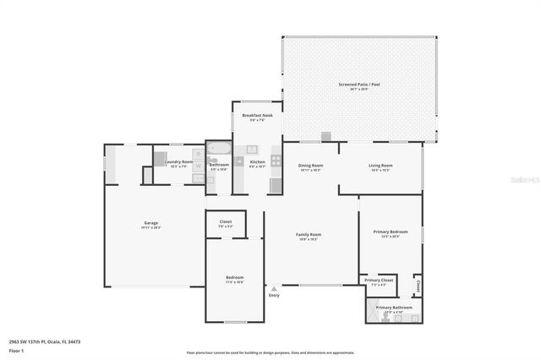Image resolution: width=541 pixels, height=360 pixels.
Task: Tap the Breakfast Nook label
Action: click(x=257, y=115)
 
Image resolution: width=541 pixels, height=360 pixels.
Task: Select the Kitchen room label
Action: click(x=257, y=161)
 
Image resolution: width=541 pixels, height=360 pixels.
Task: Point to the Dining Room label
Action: click(x=310, y=166)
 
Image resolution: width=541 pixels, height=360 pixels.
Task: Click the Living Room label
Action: click(x=380, y=166)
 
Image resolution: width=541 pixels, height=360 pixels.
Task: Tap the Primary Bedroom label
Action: click(x=391, y=232)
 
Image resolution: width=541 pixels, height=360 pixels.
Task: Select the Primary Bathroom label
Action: click(x=394, y=308)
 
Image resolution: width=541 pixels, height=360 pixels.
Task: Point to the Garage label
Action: click(x=151, y=223)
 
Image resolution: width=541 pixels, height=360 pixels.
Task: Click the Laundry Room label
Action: click(x=178, y=161)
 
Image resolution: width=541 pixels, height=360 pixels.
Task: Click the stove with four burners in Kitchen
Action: click(x=276, y=160)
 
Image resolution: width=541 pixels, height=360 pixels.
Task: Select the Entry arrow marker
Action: click(x=273, y=288)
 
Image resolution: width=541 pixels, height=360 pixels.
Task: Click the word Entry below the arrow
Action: click(x=274, y=296)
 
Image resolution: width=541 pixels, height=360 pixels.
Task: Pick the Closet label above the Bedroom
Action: click(x=226, y=221)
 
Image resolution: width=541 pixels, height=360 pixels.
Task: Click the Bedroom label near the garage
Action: click(x=234, y=277)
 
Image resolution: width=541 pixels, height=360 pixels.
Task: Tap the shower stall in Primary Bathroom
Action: click(x=374, y=314)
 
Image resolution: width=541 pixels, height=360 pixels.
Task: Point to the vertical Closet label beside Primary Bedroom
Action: click(x=418, y=286)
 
